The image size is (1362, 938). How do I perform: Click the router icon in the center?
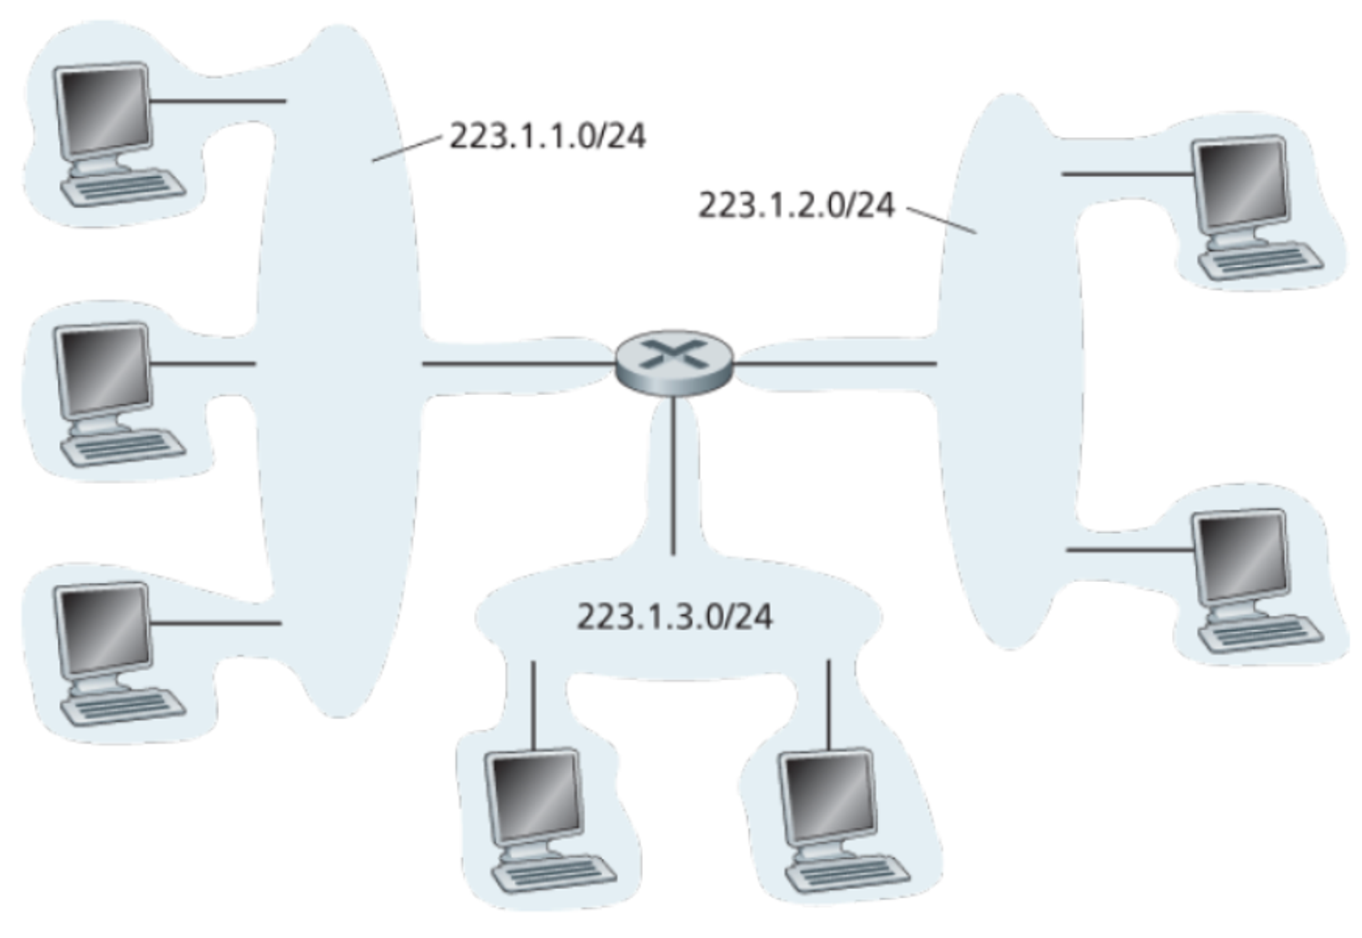pyautogui.click(x=674, y=362)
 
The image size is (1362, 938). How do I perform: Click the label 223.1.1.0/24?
pyautogui.click(x=548, y=136)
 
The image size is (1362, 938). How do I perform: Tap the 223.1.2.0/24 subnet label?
pyautogui.click(x=796, y=205)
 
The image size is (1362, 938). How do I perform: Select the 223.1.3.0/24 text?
pyautogui.click(x=675, y=617)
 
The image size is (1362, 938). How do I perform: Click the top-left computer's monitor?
pyautogui.click(x=102, y=110)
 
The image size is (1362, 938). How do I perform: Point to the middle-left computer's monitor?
pyautogui.click(x=102, y=370)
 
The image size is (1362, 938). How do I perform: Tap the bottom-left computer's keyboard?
pyautogui.click(x=123, y=707)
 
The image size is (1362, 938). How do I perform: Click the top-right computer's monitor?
pyautogui.click(x=1240, y=183)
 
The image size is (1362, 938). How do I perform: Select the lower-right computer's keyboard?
pyautogui.click(x=1261, y=634)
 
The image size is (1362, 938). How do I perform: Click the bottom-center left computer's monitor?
pyautogui.click(x=534, y=797)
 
